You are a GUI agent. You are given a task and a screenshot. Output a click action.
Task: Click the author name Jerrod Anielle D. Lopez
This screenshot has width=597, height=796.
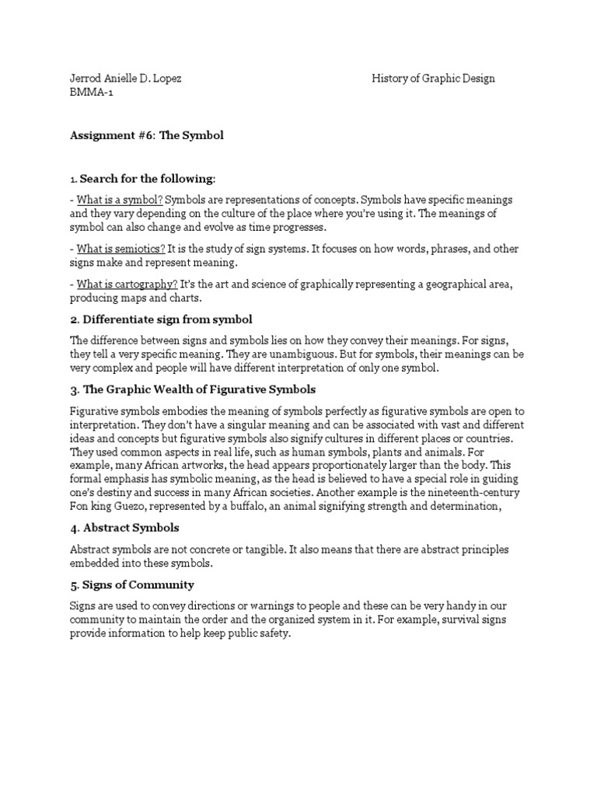pos(126,79)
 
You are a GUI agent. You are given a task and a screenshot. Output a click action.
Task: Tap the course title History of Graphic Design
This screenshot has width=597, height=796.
pos(433,79)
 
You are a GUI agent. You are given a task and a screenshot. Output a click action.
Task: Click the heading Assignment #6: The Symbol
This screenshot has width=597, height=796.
pos(147,135)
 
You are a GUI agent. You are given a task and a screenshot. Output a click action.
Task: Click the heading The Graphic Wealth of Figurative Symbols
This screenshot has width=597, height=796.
pos(198,389)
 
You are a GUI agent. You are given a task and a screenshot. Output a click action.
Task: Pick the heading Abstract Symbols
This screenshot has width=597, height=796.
pos(131,529)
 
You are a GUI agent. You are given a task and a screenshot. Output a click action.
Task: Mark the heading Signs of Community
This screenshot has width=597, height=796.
pos(137,585)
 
